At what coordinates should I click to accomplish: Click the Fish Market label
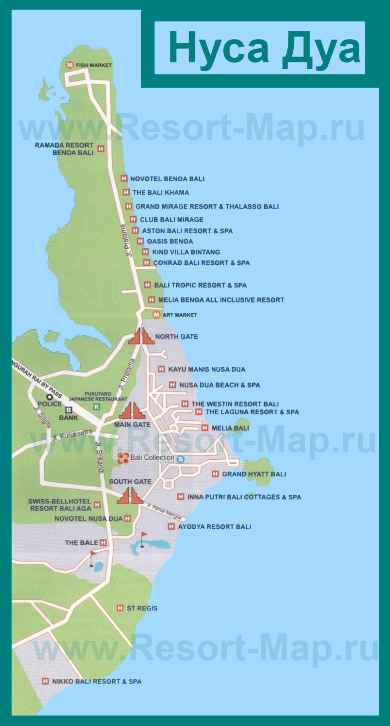tap(94, 65)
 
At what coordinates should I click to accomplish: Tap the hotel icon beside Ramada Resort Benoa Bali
tap(101, 148)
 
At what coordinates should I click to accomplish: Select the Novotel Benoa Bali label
tap(167, 179)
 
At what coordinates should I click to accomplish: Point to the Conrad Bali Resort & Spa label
tap(201, 263)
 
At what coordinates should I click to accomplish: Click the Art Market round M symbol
tap(156, 315)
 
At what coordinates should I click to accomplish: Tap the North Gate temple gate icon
tap(141, 336)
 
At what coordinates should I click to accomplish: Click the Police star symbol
tap(50, 397)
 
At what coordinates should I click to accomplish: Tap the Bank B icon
tap(68, 410)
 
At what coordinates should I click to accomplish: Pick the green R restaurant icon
tap(96, 407)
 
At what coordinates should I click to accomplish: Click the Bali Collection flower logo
tap(123, 458)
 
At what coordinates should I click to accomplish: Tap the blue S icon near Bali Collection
tap(180, 459)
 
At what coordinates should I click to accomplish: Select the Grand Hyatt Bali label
tap(254, 474)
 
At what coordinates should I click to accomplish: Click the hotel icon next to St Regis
tap(120, 608)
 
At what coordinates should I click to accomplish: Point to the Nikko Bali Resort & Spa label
tap(97, 681)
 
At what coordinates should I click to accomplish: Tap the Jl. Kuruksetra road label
tap(72, 435)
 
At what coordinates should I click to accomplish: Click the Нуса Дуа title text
tap(264, 49)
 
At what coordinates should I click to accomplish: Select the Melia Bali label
tap(230, 428)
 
